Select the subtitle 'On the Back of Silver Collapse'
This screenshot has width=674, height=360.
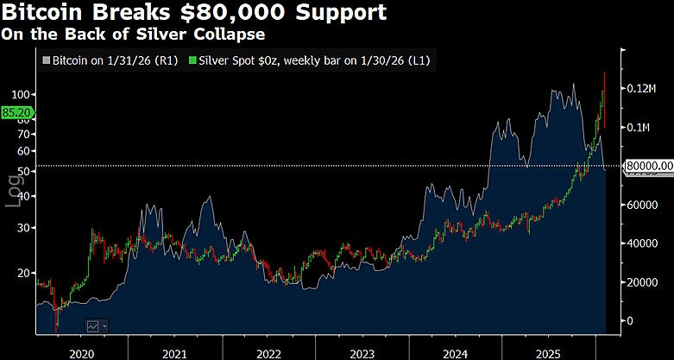point(133,35)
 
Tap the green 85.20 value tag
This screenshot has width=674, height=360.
point(16,112)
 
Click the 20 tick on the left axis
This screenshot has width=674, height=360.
point(22,273)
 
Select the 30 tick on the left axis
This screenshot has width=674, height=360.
point(22,227)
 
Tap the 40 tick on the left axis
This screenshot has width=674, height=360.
point(22,196)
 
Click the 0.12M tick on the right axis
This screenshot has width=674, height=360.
point(643,89)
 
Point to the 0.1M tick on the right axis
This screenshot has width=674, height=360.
point(639,128)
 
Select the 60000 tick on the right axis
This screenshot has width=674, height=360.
point(642,205)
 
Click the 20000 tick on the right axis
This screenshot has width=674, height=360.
point(642,282)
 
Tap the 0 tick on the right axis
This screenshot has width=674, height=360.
point(629,321)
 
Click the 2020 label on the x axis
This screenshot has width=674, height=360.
point(80,352)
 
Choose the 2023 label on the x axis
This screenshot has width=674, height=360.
point(363,352)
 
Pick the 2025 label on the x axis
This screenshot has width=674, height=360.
point(551,352)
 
